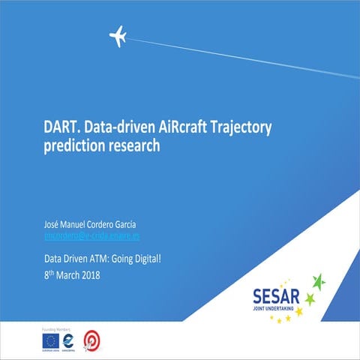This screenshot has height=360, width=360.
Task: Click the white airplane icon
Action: click(118, 35)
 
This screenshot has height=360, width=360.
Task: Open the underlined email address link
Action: click(92, 235)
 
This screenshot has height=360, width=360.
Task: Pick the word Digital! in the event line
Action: click(142, 259)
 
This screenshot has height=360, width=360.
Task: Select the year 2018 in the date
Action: click(87, 274)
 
